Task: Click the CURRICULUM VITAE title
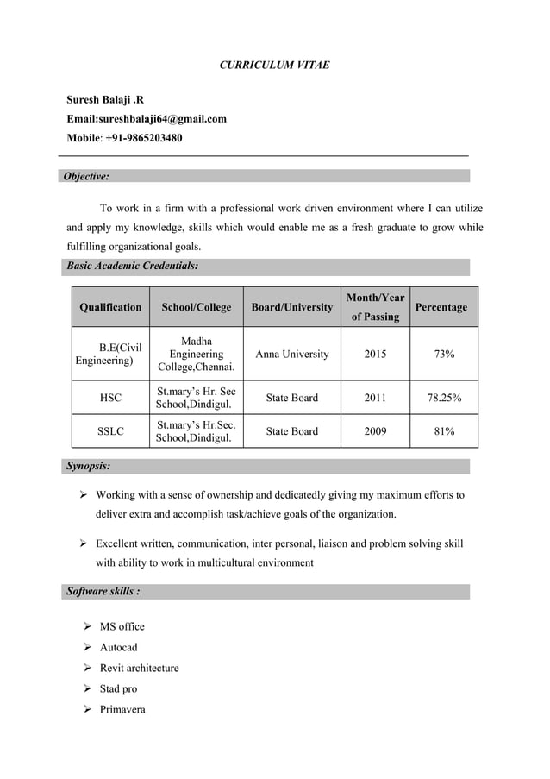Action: (272, 65)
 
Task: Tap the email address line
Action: (147, 119)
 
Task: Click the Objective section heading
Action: (89, 176)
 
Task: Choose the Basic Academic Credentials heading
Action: (133, 267)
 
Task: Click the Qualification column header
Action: (110, 307)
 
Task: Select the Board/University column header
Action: (291, 307)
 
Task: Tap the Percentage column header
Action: (441, 307)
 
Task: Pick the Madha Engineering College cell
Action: (196, 355)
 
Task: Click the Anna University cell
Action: (291, 355)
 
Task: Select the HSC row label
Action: (110, 398)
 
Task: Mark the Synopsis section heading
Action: (88, 466)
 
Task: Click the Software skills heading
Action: (103, 592)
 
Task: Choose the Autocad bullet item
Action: (118, 647)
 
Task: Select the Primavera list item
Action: (122, 709)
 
